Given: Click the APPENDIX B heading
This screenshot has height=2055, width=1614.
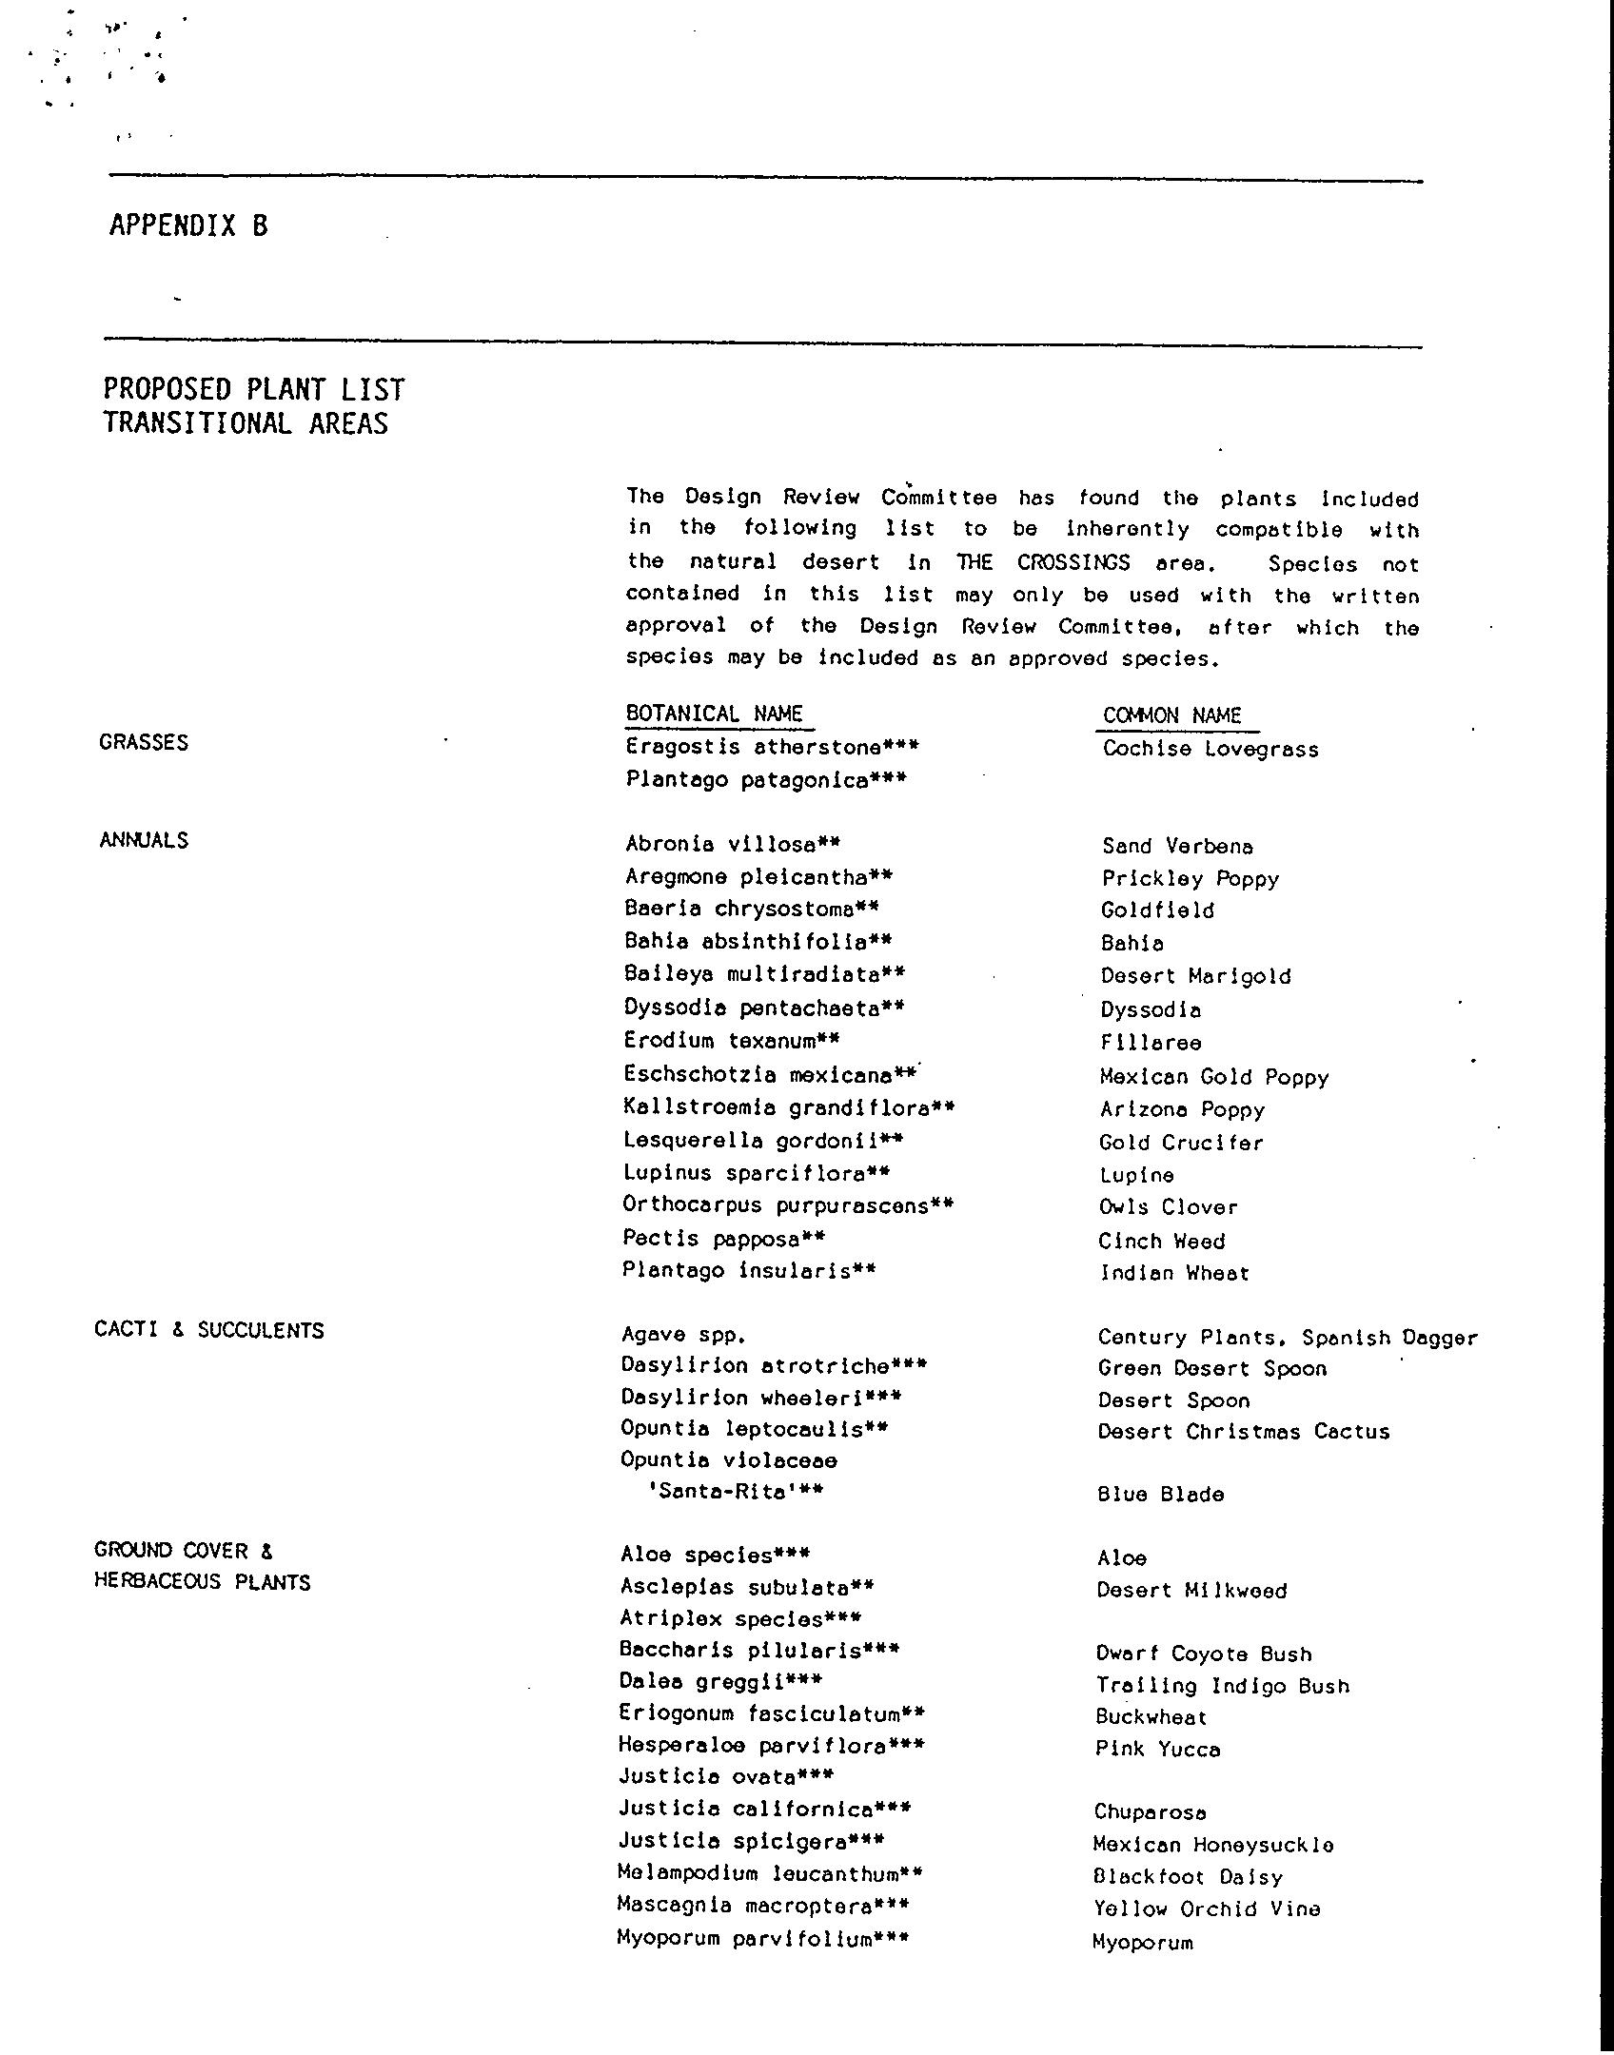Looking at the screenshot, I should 188,225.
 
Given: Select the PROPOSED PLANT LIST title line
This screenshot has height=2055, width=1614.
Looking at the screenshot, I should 254,389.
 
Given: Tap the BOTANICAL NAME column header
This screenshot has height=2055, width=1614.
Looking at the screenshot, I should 714,714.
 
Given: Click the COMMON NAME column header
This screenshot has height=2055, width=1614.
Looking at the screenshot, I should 1171,715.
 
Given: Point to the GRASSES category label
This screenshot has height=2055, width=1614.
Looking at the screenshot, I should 144,742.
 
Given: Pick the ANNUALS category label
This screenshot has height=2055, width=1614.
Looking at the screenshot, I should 144,840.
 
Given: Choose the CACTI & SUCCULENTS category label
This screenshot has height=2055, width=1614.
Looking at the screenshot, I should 209,1330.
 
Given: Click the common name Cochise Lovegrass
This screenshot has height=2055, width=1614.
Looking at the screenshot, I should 1210,749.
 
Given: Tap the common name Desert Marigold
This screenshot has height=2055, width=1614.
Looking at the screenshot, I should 1195,976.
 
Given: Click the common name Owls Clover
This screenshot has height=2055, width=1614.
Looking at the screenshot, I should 1168,1207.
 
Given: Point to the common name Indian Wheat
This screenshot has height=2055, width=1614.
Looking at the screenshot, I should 1174,1273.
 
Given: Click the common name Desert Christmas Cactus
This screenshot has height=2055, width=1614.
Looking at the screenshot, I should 1243,1432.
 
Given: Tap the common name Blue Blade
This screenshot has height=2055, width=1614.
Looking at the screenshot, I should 1160,1495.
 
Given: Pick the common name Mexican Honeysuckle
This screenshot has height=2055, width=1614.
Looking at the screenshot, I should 1212,1845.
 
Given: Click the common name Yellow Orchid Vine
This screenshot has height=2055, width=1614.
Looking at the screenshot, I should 1207,1908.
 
